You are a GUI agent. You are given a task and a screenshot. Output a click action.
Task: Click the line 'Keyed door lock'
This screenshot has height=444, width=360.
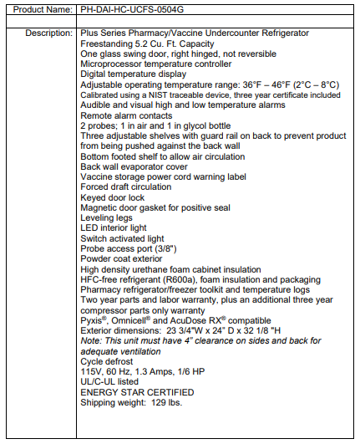click(x=113, y=197)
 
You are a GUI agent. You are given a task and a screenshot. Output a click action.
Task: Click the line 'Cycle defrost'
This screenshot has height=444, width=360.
click(x=107, y=361)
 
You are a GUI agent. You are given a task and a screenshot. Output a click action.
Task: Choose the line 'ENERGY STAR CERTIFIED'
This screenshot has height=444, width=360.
click(x=138, y=391)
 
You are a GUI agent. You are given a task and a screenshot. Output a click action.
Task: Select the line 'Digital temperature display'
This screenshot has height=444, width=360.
click(x=136, y=73)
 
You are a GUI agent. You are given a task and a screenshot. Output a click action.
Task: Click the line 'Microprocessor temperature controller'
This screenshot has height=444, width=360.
click(x=156, y=63)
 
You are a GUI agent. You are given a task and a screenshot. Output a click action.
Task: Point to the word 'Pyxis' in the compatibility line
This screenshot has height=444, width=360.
click(x=94, y=320)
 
